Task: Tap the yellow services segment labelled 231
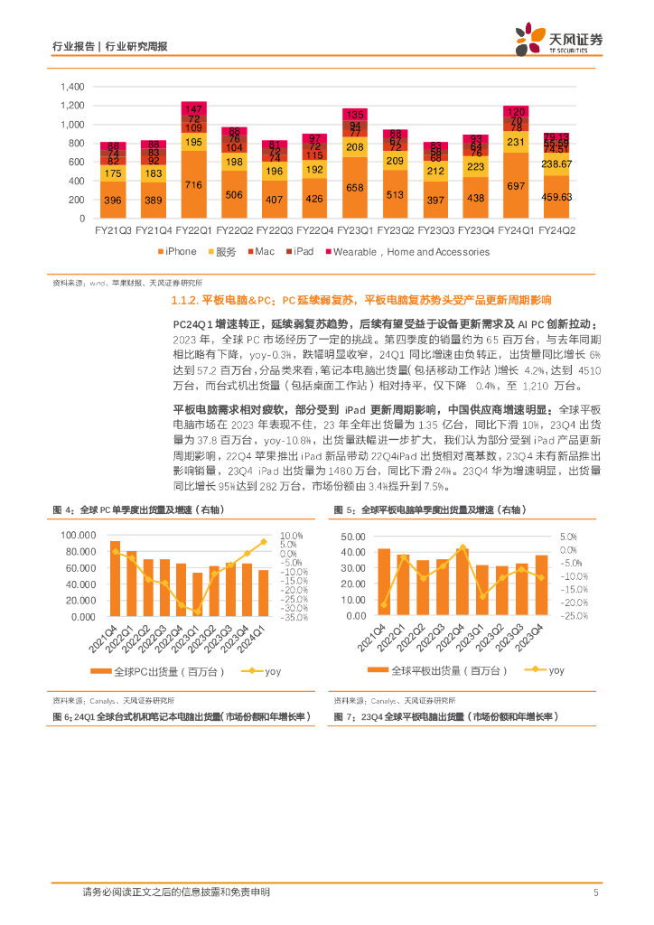tap(517, 142)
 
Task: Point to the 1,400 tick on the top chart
tap(71, 87)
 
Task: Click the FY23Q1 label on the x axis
tap(354, 232)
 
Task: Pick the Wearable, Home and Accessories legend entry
tap(406, 252)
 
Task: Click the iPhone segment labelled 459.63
tap(557, 197)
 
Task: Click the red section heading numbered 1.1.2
tap(360, 300)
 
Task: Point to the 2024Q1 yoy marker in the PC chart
tap(264, 542)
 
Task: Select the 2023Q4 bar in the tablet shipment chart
tap(540, 585)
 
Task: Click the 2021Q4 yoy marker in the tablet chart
tap(385, 604)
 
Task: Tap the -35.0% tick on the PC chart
tap(293, 618)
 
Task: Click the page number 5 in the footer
tap(596, 893)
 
